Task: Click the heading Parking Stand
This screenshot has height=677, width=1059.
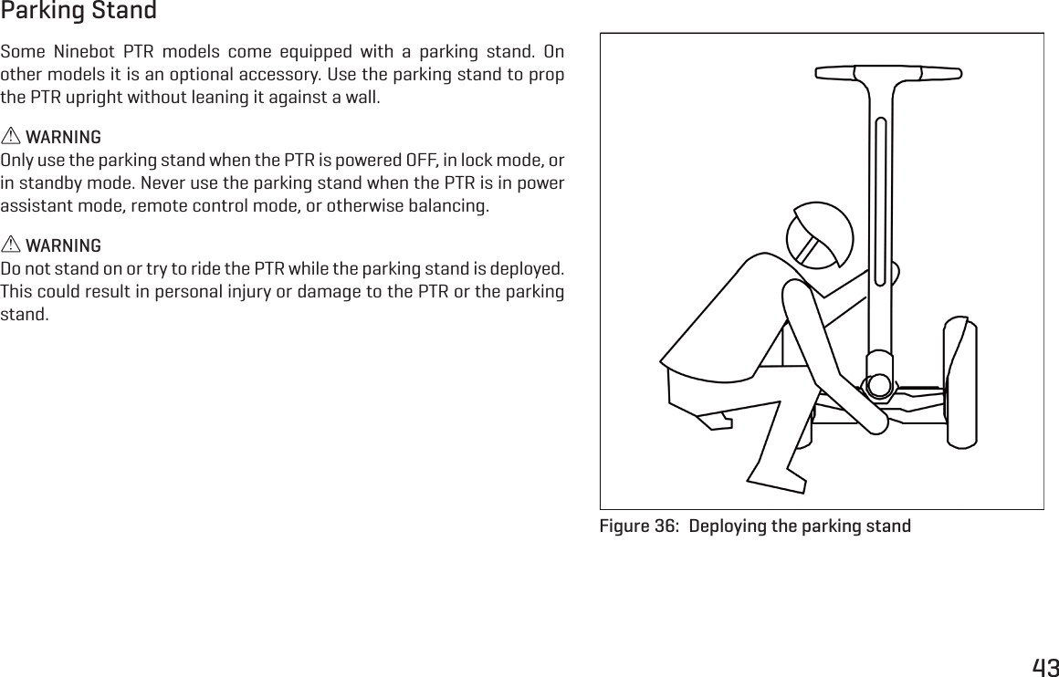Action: point(79,12)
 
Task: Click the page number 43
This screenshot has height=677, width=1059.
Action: point(1044,667)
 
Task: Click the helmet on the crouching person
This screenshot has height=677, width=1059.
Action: point(820,234)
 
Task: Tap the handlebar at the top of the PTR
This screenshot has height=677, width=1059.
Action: point(887,73)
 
